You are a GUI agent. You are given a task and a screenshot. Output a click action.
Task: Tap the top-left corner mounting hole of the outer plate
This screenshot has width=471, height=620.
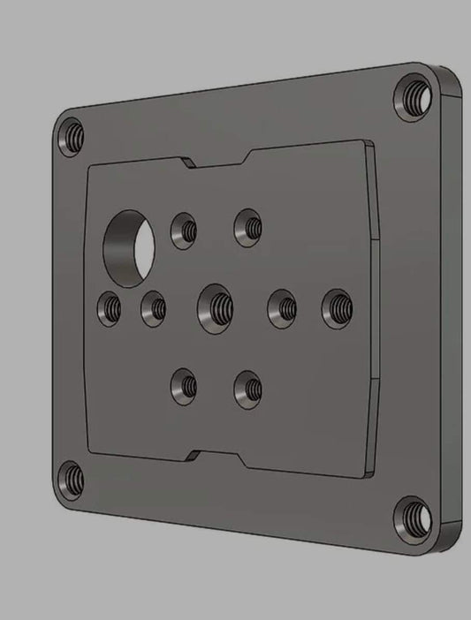71,136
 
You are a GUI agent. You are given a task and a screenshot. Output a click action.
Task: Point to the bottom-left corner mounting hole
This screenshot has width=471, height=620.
71,481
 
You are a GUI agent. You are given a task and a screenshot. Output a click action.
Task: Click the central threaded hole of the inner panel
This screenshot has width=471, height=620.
217,306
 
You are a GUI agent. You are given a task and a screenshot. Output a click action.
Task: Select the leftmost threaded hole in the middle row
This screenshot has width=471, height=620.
110,307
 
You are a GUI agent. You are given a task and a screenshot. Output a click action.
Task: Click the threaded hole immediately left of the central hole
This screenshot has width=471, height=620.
155,308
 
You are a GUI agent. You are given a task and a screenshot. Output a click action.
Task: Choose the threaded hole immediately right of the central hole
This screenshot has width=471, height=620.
283,307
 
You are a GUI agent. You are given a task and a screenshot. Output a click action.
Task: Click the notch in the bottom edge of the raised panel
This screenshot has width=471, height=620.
216,457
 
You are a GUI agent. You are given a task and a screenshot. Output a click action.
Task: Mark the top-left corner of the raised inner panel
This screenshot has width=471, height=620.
88,169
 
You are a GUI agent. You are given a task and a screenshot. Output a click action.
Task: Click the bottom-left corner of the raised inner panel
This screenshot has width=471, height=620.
90,450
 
